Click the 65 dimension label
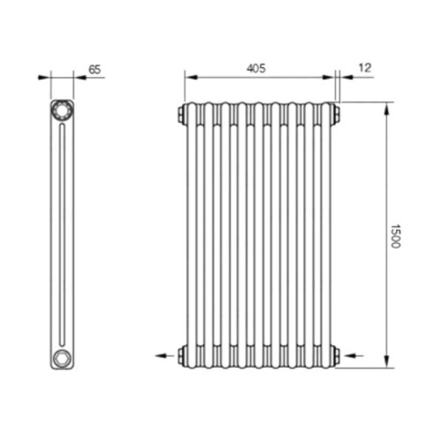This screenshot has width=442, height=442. point(95,70)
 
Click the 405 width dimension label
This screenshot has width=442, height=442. point(256,68)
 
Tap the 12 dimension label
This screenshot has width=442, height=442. point(365,68)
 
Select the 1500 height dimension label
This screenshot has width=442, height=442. point(395,236)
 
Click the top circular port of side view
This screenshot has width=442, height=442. point(62,110)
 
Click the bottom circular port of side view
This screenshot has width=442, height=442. point(62,357)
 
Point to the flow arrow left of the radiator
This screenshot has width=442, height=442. point(164,355)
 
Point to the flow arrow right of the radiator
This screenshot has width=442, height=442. point(354,355)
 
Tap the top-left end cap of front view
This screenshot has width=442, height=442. point(180,114)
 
